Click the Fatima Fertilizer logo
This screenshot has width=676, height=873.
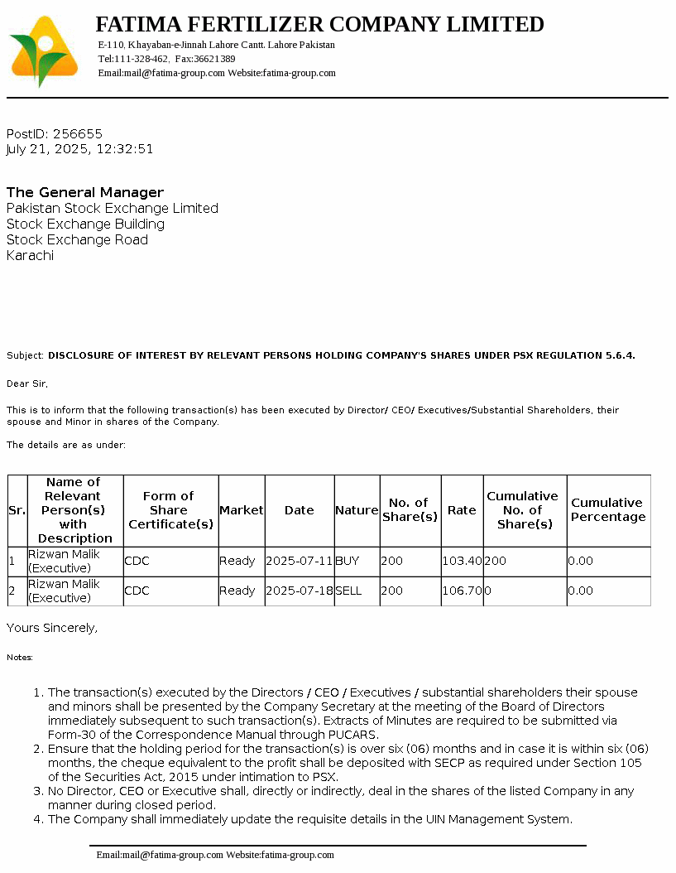(43, 51)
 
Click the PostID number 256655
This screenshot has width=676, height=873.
(78, 133)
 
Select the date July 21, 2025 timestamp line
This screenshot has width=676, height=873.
(79, 149)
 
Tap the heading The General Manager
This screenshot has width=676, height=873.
(85, 192)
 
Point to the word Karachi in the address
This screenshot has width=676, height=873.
(30, 255)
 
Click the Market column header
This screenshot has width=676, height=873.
(241, 510)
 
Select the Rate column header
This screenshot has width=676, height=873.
(462, 510)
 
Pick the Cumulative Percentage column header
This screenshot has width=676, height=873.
(608, 509)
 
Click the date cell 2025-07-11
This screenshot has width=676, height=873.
(299, 561)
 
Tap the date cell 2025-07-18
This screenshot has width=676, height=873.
(299, 591)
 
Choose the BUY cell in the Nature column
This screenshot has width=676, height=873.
(348, 561)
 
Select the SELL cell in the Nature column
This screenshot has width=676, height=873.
(348, 591)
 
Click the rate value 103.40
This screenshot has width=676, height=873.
(462, 561)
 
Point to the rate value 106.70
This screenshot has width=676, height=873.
(462, 591)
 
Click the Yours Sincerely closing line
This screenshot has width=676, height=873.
(52, 628)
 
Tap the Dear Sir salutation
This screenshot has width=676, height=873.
(27, 383)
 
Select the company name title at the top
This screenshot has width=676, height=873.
(319, 24)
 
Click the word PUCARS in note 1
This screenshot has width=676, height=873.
(353, 735)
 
